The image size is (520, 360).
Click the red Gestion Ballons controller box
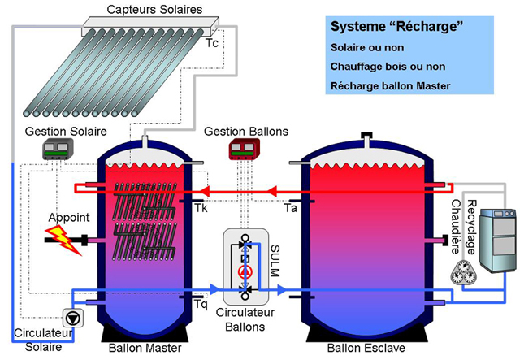click(x=245, y=149)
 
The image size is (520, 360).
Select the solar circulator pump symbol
click(x=73, y=318)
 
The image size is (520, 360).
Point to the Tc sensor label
click(x=212, y=43)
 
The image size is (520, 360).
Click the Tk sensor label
click(x=201, y=208)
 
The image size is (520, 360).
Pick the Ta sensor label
click(x=291, y=208)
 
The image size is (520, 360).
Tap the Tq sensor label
click(x=201, y=304)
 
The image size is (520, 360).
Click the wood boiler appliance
click(x=498, y=241)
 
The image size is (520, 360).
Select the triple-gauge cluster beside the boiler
click(x=464, y=272)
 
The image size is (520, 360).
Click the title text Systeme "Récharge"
click(x=396, y=26)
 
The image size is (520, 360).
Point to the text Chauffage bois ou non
click(x=388, y=67)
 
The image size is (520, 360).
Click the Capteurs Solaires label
click(x=154, y=9)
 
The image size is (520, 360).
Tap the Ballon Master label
click(x=145, y=348)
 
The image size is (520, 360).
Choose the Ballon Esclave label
click(x=366, y=348)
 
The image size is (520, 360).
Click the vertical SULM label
click(x=275, y=261)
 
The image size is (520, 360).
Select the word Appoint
click(x=69, y=218)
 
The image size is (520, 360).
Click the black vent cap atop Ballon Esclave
click(x=366, y=135)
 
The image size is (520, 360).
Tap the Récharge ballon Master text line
click(x=390, y=86)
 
